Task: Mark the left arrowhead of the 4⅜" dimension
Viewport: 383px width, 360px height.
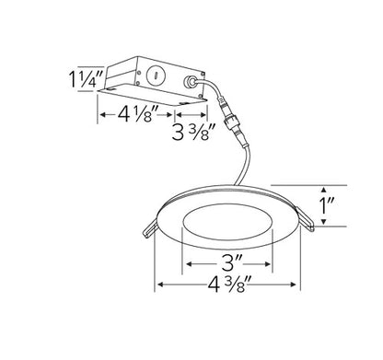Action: tap(161, 284)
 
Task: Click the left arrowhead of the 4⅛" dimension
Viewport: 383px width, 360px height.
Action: tap(99, 117)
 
